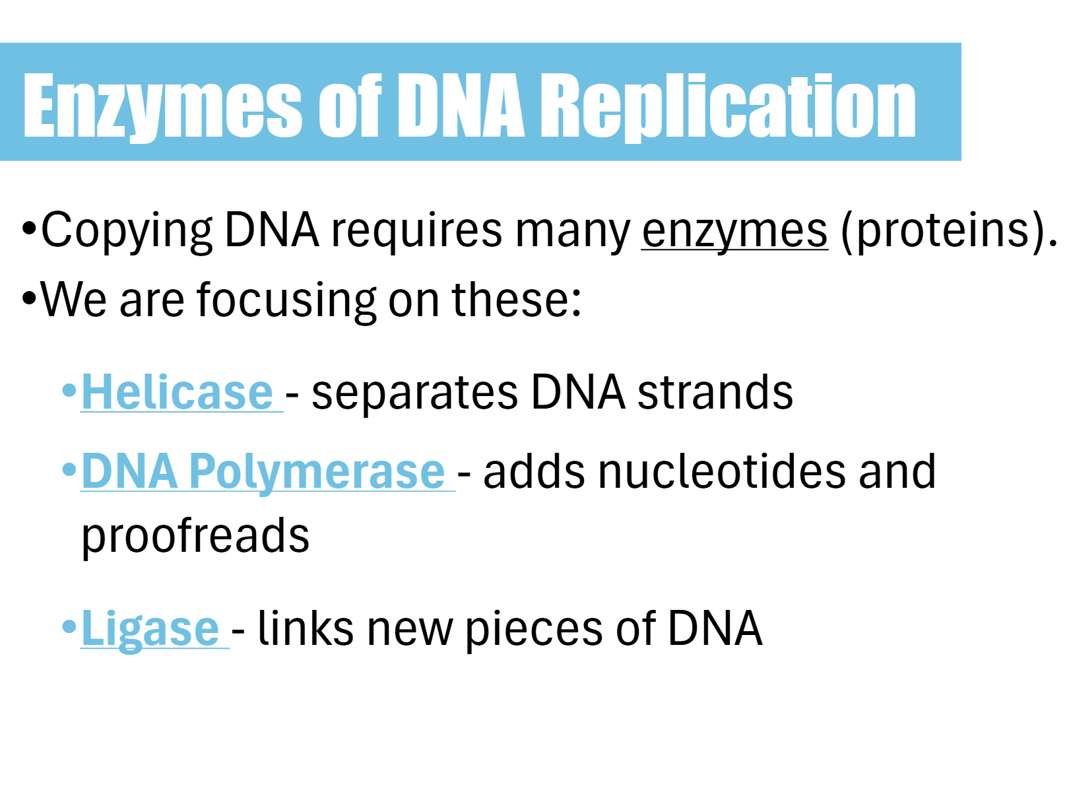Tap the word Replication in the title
click(x=728, y=107)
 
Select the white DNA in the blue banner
click(x=461, y=105)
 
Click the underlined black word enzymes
click(x=734, y=231)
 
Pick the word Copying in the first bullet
click(x=127, y=231)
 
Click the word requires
click(x=416, y=231)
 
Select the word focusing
click(x=286, y=300)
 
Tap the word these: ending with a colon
click(x=516, y=299)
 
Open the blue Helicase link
click(x=178, y=391)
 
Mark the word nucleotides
click(x=723, y=471)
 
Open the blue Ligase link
click(x=150, y=629)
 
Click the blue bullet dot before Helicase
click(x=69, y=390)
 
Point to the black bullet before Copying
click(x=30, y=228)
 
